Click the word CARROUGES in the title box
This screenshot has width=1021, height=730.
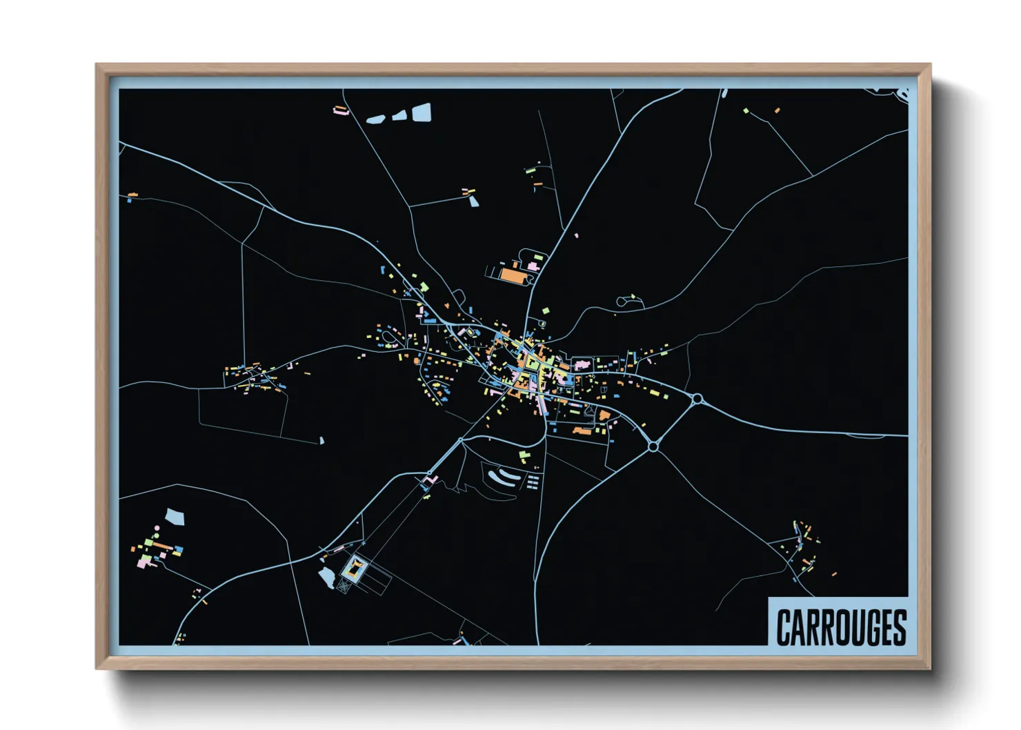point(841,627)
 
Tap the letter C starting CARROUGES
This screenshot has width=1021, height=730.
point(784,627)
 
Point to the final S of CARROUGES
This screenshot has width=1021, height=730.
point(900,627)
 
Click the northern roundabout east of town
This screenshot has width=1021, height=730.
point(697,399)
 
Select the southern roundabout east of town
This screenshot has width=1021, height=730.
point(653,447)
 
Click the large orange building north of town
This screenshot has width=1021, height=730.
point(512,275)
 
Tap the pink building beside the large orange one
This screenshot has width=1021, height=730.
point(533,266)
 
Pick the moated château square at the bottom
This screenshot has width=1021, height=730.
point(355,569)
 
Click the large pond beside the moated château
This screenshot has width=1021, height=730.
point(326,578)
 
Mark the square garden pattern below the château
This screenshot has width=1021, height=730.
point(343,586)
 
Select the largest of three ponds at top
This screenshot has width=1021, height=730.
point(422,112)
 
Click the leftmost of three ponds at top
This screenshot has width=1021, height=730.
point(375,119)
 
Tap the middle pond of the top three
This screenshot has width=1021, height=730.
point(399,116)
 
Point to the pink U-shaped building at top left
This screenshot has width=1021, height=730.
point(340,110)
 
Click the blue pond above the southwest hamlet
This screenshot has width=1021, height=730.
point(175,517)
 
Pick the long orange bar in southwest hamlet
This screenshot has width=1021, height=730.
point(163,544)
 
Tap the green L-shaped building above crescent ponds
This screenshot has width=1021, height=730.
point(525,455)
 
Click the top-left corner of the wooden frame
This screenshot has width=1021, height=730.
point(97,65)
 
